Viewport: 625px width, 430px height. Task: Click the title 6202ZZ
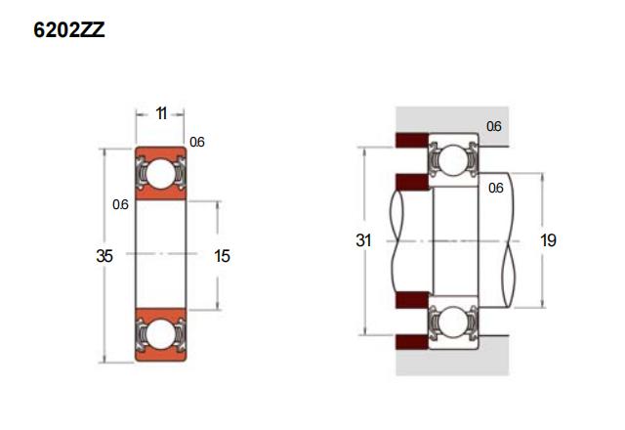pyautogui.click(x=69, y=30)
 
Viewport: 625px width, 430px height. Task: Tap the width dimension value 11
pyautogui.click(x=160, y=113)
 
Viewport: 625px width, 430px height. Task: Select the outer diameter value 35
pyautogui.click(x=104, y=256)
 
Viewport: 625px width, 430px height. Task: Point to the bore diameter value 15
pyautogui.click(x=222, y=256)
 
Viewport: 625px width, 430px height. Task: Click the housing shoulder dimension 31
pyautogui.click(x=363, y=240)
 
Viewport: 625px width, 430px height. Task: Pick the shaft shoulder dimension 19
pyautogui.click(x=548, y=240)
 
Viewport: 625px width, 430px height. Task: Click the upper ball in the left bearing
pyautogui.click(x=160, y=174)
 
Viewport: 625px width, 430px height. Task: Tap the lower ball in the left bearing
pyautogui.click(x=160, y=334)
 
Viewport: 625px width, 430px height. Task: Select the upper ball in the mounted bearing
pyautogui.click(x=452, y=159)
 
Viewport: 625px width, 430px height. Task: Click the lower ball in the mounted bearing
pyautogui.click(x=452, y=322)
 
